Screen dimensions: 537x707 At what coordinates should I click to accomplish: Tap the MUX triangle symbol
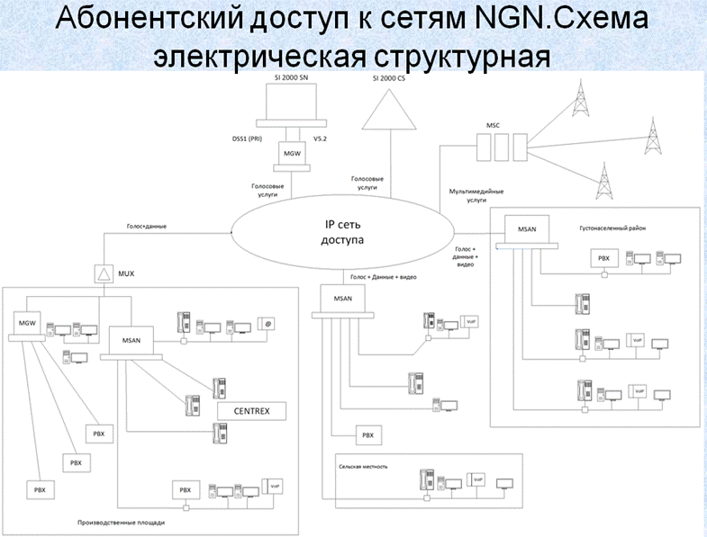tap(101, 273)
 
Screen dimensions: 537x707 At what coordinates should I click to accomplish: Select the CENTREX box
tap(251, 412)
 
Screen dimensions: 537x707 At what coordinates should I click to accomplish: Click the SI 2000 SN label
tap(291, 79)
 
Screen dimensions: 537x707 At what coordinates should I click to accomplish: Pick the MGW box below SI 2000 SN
tap(291, 154)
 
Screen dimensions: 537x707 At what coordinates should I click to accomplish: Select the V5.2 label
tap(320, 139)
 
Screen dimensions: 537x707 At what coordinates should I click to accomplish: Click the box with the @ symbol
tap(267, 323)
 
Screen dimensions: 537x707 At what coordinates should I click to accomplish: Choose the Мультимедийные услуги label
tap(476, 195)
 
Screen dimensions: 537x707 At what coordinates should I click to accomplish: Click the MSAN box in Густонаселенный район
tap(526, 230)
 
